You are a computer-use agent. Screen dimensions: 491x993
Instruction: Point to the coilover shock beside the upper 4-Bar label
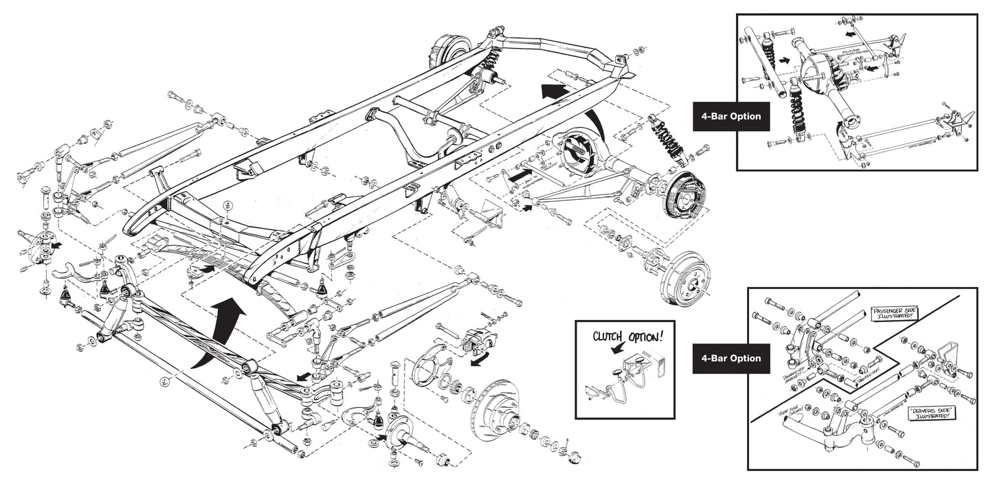[x=797, y=110]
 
